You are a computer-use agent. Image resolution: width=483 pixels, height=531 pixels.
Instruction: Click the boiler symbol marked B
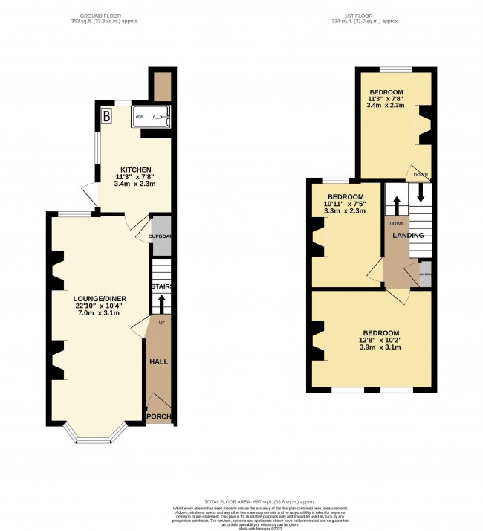[107, 116]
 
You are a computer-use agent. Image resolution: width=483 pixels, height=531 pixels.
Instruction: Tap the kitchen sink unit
[151, 116]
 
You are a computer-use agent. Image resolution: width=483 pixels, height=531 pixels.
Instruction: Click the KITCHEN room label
[136, 170]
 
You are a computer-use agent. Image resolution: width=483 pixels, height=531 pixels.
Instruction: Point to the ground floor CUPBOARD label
[161, 236]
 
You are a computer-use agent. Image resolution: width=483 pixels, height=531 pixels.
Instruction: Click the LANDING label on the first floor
[409, 236]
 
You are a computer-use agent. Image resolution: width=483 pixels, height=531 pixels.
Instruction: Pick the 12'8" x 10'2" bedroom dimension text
[380, 344]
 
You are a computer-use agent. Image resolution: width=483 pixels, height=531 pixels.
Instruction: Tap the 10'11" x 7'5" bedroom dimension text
[346, 205]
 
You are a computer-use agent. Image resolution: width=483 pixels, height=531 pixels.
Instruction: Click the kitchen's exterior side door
[90, 194]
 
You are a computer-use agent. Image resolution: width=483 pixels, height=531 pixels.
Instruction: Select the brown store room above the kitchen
[161, 86]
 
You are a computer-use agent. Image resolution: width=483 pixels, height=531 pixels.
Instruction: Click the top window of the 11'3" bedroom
[391, 69]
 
